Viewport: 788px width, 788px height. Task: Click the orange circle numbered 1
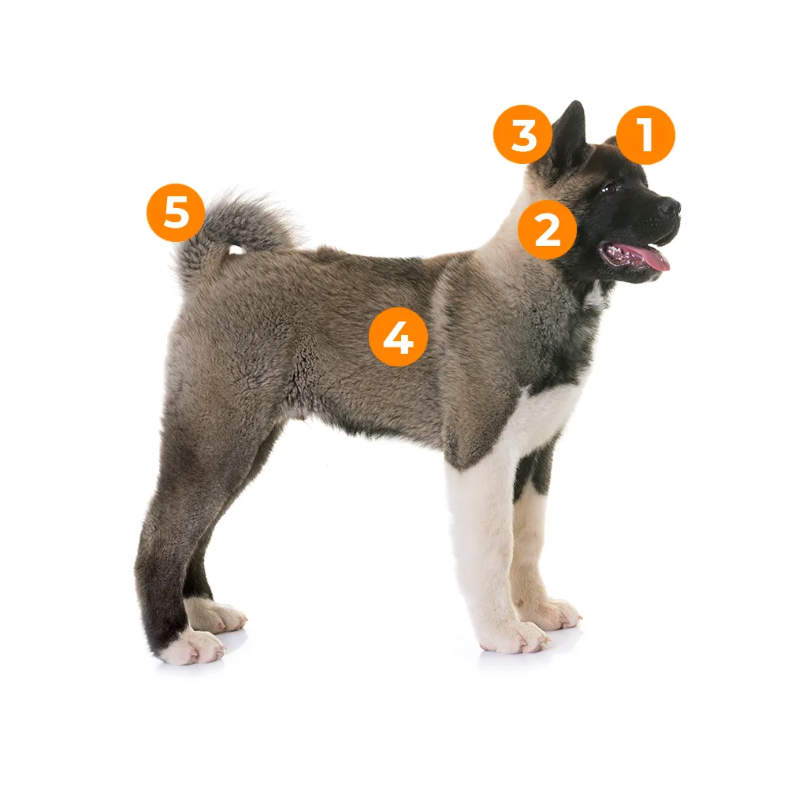646,136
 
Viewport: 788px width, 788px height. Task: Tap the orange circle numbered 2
548,230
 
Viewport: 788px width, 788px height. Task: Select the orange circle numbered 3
523,134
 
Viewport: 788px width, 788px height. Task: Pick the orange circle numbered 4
398,336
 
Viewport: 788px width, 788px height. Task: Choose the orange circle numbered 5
176,213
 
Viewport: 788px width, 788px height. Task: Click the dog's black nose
671,206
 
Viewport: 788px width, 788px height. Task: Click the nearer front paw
518,637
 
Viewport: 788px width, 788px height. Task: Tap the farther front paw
553,613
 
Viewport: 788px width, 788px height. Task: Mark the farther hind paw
218,615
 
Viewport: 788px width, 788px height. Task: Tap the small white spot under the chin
596,296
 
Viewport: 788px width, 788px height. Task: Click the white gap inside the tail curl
235,249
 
